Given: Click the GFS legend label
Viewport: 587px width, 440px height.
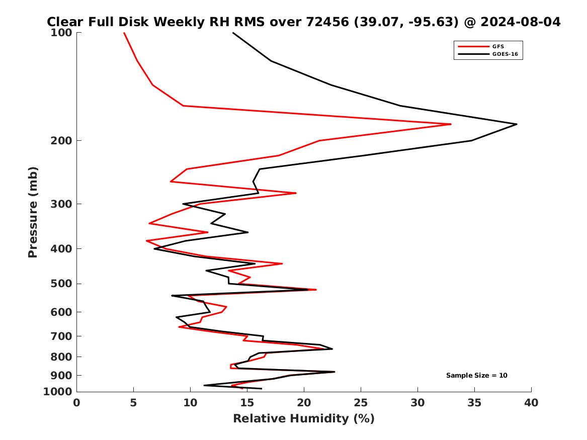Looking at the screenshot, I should click(497, 47).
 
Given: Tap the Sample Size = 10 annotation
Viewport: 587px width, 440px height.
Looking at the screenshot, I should click(476, 376).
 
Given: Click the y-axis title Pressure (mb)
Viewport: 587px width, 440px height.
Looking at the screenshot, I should click(33, 212).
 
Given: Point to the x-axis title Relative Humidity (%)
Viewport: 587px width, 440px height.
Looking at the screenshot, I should click(303, 419).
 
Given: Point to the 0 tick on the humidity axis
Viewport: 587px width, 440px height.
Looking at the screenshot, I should click(77, 403).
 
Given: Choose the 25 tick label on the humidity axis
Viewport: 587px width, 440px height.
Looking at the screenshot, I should click(361, 403).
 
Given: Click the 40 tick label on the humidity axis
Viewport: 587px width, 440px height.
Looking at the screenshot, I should click(531, 403).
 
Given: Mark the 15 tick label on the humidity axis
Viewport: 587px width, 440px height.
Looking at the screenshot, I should click(247, 403).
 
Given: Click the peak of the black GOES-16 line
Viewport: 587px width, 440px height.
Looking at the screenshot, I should click(517, 124).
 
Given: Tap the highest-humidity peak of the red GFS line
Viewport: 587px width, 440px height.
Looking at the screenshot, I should click(451, 124).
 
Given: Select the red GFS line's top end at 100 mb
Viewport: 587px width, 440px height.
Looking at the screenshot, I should click(124, 33).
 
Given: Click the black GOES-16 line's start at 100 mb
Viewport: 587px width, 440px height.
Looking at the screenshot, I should click(233, 33).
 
